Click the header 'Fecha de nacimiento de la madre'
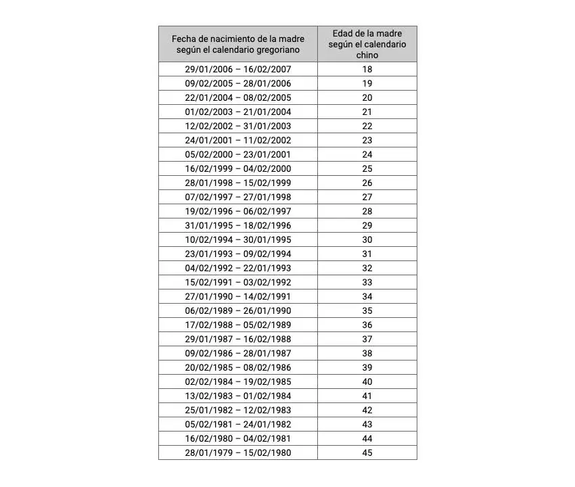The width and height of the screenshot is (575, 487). [x=238, y=39]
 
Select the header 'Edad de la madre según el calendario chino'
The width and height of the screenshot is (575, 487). [x=367, y=44]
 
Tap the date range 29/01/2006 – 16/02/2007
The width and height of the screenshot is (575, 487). [x=238, y=69]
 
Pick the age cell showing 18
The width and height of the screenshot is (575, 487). [x=367, y=69]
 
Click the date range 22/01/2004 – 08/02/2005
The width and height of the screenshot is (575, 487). [x=238, y=97]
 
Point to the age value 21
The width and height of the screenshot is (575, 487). [x=367, y=112]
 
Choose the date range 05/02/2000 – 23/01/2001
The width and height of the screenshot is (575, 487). [x=238, y=154]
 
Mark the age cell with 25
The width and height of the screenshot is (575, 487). [x=367, y=168]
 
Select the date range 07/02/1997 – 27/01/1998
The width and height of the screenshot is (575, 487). [x=238, y=197]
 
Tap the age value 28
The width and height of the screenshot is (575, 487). [x=367, y=211]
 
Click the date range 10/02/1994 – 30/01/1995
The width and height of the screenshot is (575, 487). [x=238, y=239]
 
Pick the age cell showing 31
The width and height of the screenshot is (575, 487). [x=367, y=254]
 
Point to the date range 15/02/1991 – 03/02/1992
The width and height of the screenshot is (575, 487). [x=238, y=282]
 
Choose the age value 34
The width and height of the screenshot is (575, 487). [x=367, y=296]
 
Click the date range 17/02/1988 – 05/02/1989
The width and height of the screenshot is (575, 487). [x=238, y=325]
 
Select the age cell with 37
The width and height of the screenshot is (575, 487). [x=367, y=339]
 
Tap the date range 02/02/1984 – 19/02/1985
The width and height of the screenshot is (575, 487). [x=238, y=381]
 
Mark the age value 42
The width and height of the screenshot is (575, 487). [x=367, y=410]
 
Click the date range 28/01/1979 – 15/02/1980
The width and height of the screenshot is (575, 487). [x=238, y=453]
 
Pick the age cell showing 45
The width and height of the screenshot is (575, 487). [x=367, y=453]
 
